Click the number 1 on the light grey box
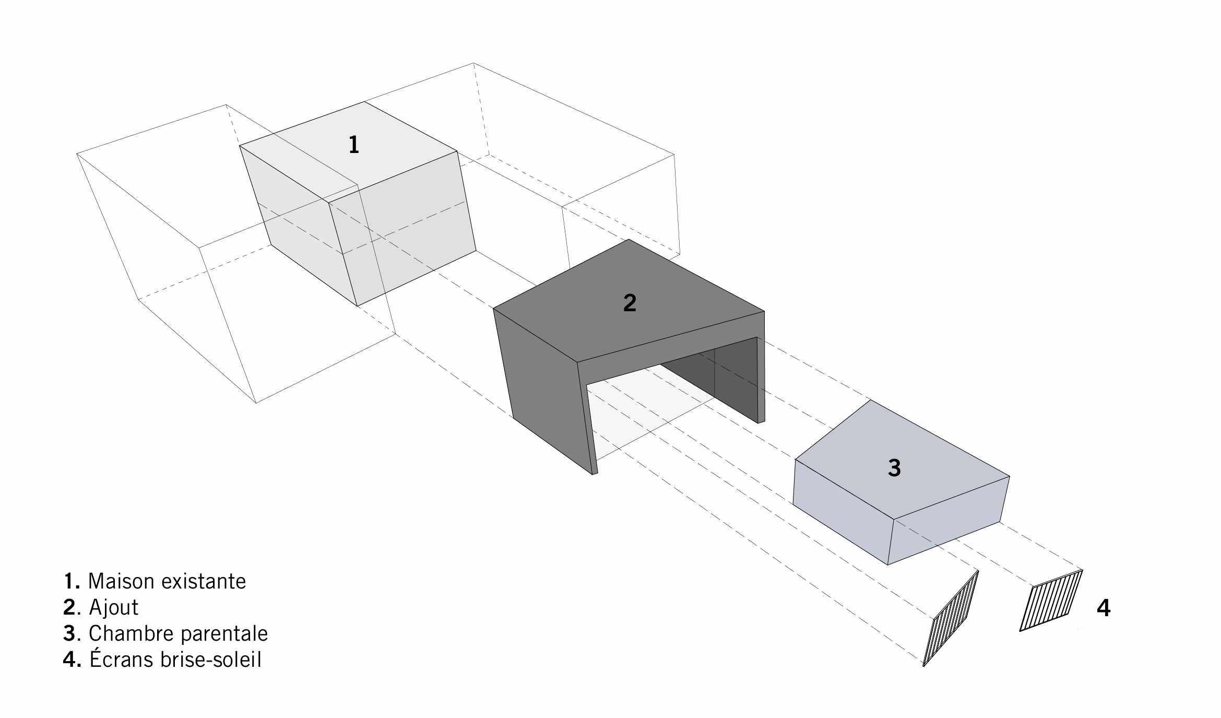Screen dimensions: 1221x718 coord(354,145)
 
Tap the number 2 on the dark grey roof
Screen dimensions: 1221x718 coord(630,303)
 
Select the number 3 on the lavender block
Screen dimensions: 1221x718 coord(894,468)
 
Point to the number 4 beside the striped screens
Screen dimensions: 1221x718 coord(1104,608)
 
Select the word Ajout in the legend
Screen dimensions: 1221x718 coord(114,607)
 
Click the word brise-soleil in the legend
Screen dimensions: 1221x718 coord(211,660)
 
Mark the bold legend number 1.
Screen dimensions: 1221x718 coord(72,581)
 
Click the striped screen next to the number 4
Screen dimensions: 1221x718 coord(1051,600)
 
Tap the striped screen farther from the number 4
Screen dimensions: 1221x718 coord(951,618)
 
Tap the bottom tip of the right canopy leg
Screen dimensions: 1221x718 coord(761,422)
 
